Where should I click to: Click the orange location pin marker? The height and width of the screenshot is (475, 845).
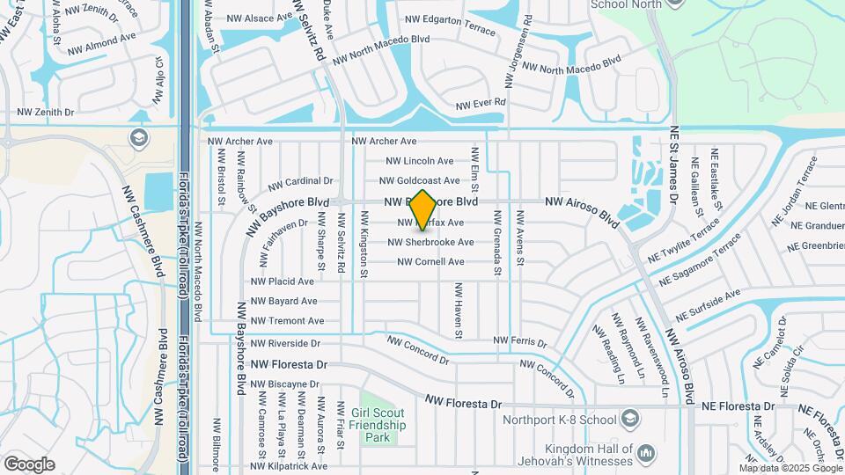pyautogui.click(x=422, y=209)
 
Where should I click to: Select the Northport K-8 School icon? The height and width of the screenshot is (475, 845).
pyautogui.click(x=629, y=418)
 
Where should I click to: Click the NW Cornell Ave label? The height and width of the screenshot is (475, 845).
pyautogui.click(x=430, y=262)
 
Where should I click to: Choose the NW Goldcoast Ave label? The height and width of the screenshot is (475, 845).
pyautogui.click(x=419, y=180)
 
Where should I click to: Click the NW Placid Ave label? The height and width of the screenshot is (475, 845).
pyautogui.click(x=283, y=281)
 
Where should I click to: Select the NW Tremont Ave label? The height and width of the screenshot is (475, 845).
pyautogui.click(x=287, y=321)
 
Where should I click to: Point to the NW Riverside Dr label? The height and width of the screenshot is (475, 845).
pyautogui.click(x=285, y=343)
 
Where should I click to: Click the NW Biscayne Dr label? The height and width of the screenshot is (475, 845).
pyautogui.click(x=284, y=384)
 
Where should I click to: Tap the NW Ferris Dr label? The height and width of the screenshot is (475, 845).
pyautogui.click(x=519, y=340)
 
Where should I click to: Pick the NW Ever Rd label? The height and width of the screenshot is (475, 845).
pyautogui.click(x=481, y=104)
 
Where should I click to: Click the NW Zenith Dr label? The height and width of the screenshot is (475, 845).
pyautogui.click(x=45, y=113)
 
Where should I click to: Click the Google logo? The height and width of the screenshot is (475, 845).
pyautogui.click(x=29, y=464)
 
